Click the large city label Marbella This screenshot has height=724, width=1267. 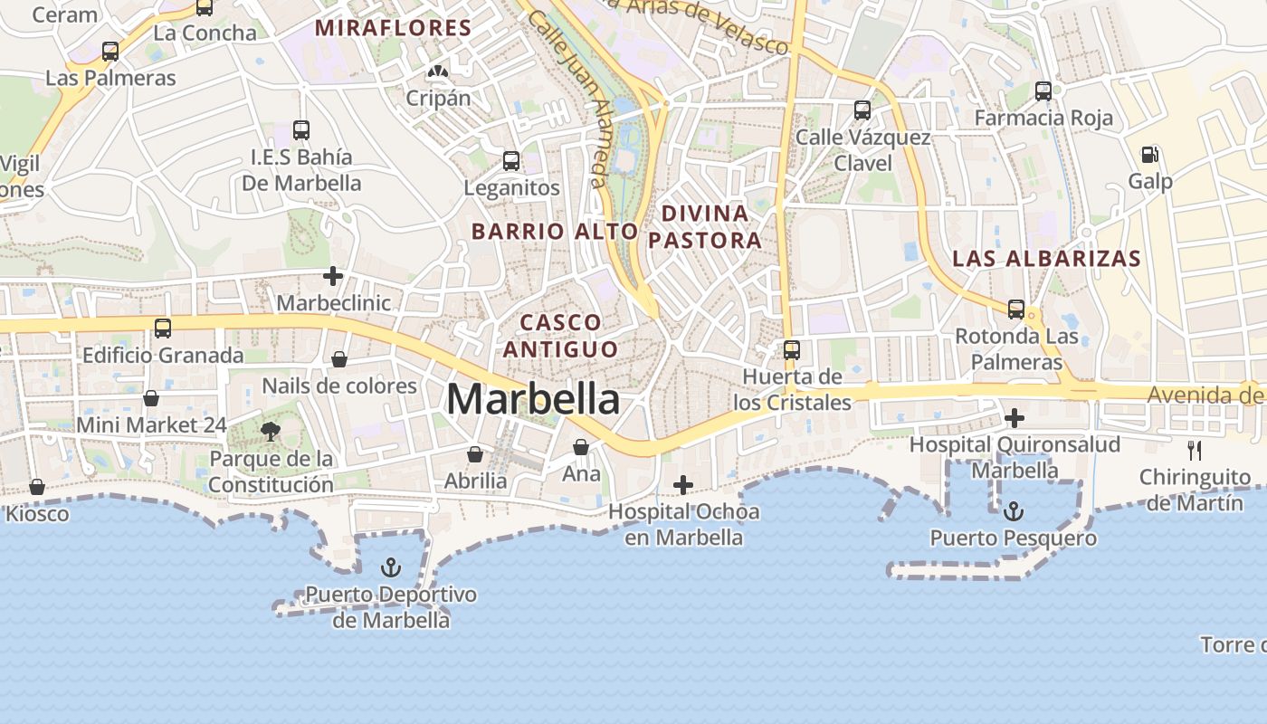pos(533,399)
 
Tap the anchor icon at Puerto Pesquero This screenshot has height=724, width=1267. pos(1014,512)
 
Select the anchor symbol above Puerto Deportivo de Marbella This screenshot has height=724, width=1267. pos(391,568)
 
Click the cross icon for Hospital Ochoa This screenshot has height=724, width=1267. pos(683,486)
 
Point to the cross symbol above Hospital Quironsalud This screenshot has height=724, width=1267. pos(1015,418)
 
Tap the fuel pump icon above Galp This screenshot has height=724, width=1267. pos(1149,156)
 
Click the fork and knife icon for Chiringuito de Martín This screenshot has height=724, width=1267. pos(1195,450)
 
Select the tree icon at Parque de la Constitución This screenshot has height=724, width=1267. pos(271,432)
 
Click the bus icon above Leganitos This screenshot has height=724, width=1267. pos(511,162)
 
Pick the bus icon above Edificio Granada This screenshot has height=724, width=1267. pos(163,329)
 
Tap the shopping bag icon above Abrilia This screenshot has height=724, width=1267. pos(475,454)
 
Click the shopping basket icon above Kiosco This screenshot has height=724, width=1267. pos(37,488)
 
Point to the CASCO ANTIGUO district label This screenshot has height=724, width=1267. pos(561,336)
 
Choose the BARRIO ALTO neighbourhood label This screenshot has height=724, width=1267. pos(555,232)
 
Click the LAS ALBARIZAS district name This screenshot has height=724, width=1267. pos(1046,259)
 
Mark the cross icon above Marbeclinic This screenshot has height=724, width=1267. pos(334,276)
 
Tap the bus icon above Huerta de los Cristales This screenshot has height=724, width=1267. pos(792,350)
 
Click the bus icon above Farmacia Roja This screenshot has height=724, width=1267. pos(1043,91)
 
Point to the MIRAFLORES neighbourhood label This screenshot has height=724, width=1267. pos(394,28)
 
